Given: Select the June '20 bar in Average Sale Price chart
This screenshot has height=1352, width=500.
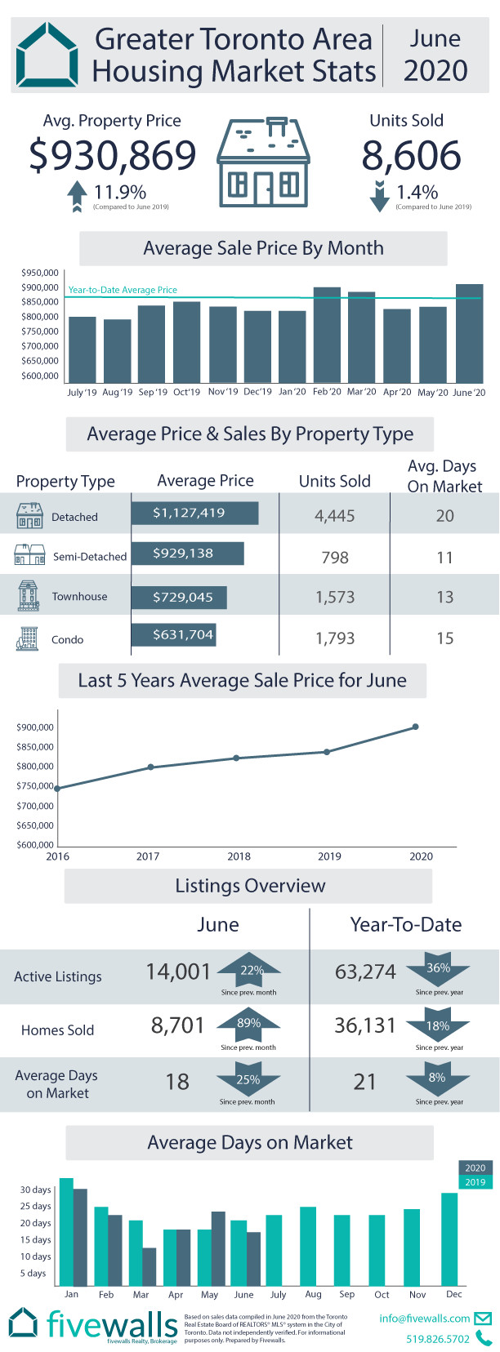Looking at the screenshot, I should click(469, 333).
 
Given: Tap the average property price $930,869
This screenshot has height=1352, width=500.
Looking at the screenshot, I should click(113, 155).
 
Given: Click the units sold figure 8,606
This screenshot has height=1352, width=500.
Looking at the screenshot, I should click(411, 155).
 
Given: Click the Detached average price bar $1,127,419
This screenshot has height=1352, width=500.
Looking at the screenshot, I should click(194, 514).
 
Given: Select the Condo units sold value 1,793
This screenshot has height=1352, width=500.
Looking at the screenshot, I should click(335, 638).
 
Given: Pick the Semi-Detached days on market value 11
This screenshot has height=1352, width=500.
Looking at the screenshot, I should click(444, 558).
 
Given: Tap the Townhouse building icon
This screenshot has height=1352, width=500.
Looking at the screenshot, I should click(28, 596).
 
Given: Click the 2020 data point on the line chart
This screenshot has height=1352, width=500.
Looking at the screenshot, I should click(416, 727).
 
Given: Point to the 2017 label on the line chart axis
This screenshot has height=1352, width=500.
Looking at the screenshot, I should click(148, 856).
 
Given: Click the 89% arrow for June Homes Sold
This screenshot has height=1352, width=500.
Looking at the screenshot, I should click(248, 1025).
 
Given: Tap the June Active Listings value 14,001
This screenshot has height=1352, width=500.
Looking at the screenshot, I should click(178, 972).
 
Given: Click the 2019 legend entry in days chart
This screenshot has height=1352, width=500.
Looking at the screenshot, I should click(475, 1182).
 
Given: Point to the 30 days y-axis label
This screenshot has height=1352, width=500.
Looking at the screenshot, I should click(35, 1190).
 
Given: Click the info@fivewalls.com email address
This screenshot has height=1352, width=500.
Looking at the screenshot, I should click(425, 1319).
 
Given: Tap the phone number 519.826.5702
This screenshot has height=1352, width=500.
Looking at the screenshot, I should click(438, 1339).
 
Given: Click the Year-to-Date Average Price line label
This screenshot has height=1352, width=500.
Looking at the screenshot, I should click(123, 290).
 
